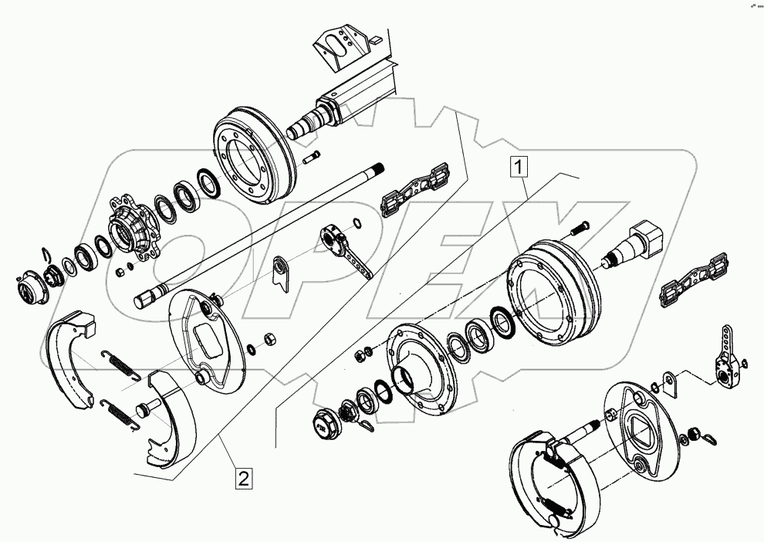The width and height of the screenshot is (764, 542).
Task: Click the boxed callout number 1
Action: [x=519, y=164]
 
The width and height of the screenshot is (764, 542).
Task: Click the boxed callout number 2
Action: [x=243, y=479]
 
